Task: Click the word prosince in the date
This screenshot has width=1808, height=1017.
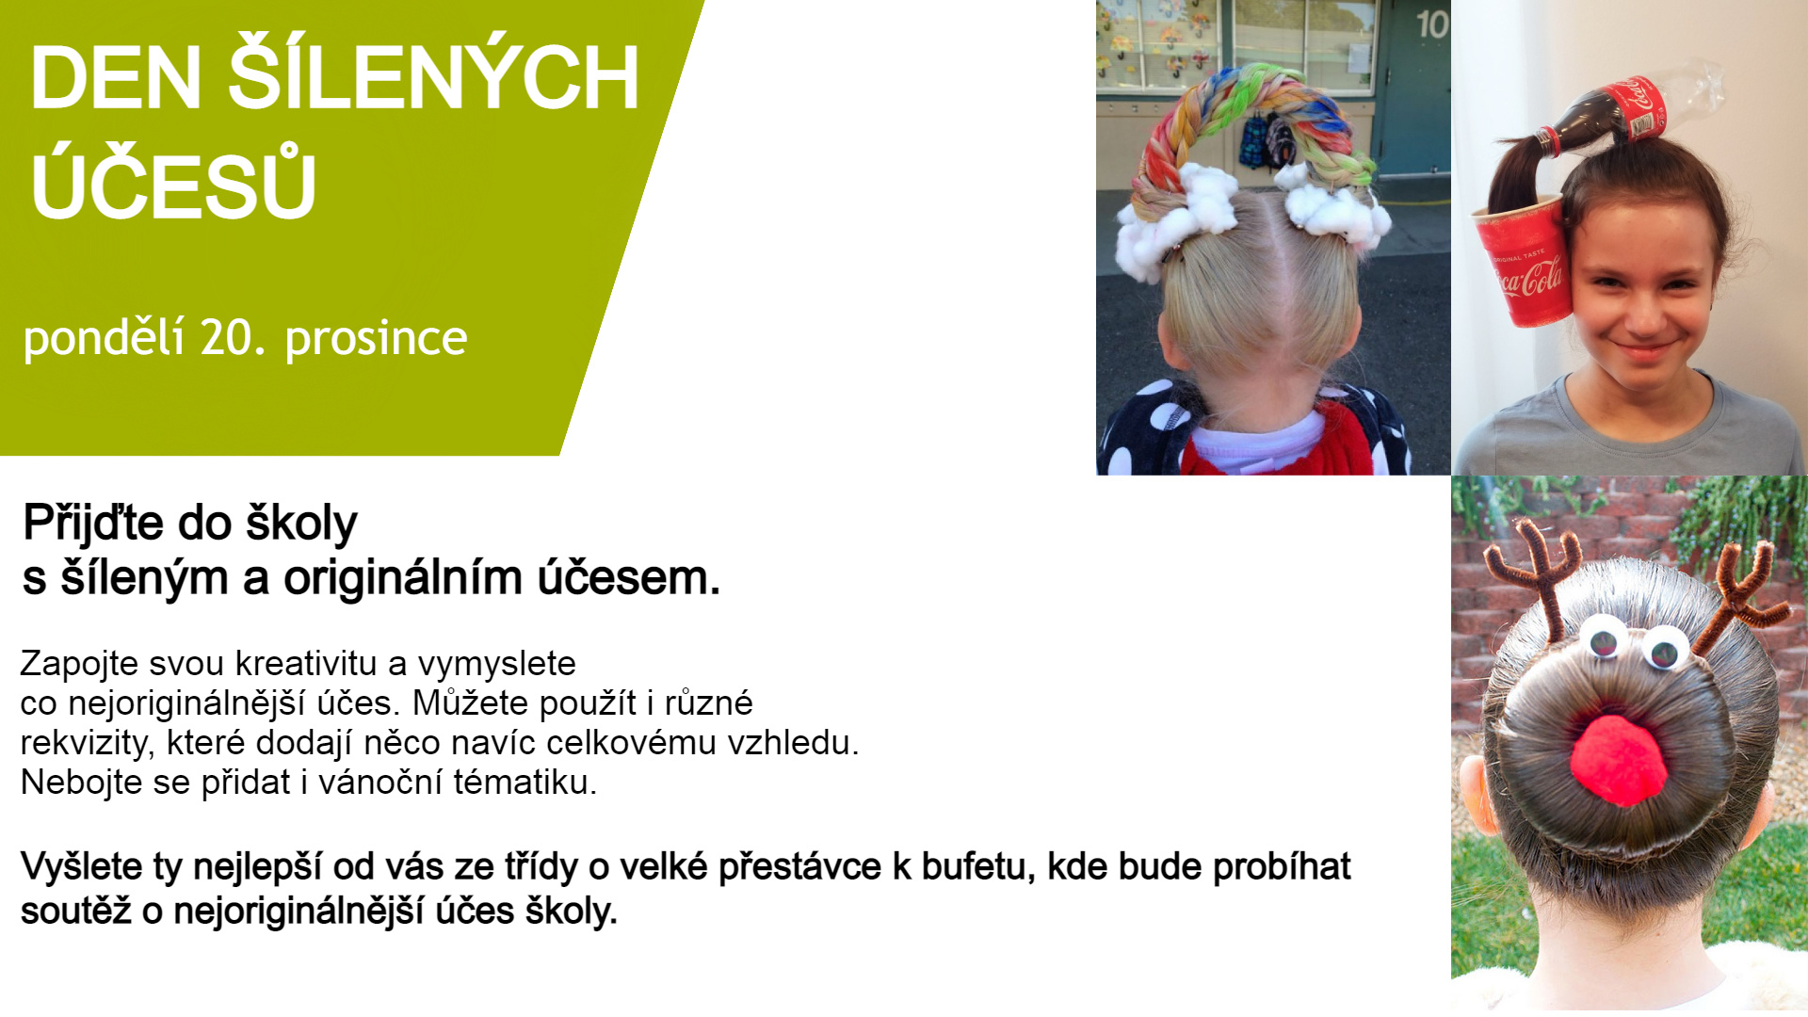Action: (376, 340)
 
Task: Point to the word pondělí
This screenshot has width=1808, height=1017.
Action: (104, 338)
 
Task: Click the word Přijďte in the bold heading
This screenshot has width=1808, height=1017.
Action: (95, 524)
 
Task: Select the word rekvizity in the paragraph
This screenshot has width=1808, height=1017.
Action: (87, 744)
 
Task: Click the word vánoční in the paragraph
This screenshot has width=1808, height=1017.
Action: (380, 783)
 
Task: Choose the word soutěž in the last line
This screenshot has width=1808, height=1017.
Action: (76, 912)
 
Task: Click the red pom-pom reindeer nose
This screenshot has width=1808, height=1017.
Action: (1620, 761)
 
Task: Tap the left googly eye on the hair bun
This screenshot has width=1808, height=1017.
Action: (1603, 638)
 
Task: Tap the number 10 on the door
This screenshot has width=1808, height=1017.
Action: (1432, 24)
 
